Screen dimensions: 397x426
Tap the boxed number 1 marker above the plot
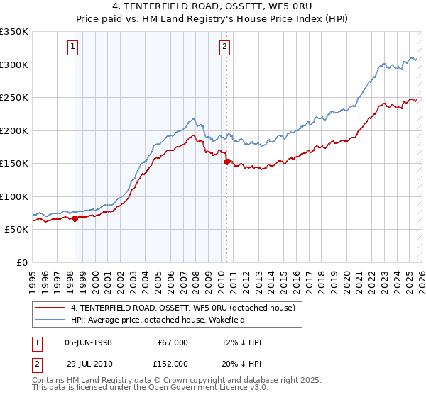(74, 47)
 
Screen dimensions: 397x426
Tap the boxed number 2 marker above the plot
(224, 47)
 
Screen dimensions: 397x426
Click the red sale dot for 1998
(75, 218)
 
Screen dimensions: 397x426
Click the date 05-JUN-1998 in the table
(88, 342)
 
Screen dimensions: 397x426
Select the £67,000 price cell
(173, 342)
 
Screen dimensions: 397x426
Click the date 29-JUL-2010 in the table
(88, 363)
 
